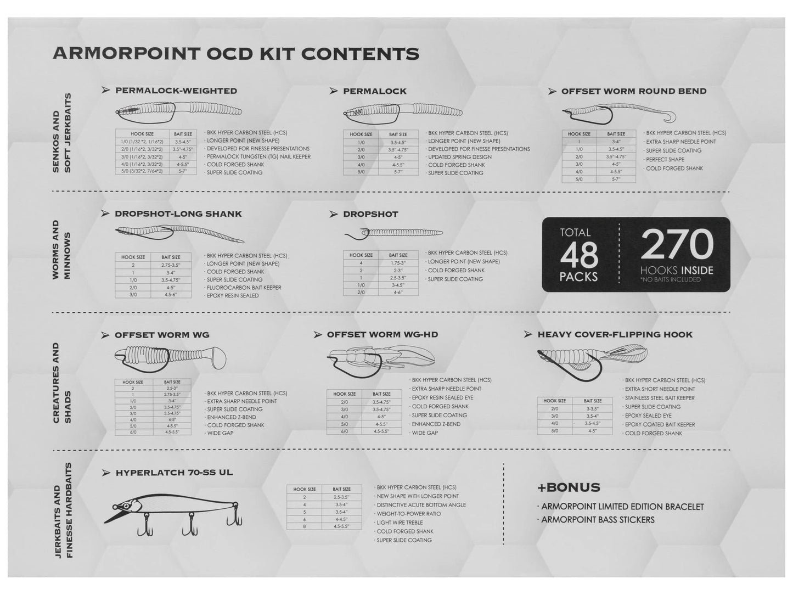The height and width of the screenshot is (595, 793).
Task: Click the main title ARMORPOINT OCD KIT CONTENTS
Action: pos(235,54)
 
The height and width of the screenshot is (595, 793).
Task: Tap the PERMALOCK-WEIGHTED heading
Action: pos(176,91)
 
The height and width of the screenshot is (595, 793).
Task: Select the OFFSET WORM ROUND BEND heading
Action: pos(633,91)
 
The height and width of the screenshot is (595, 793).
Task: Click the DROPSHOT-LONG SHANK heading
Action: pos(178,214)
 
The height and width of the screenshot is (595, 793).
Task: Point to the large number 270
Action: pos(677,245)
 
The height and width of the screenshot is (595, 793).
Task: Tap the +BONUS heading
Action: pos(569,487)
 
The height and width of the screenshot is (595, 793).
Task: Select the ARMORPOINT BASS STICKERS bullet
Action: pos(598,520)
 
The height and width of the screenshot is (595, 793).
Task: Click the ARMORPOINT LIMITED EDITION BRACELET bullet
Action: pos(622,507)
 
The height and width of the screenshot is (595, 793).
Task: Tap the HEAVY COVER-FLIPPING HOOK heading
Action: pos(615,334)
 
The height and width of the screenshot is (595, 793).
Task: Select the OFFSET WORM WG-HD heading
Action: pos(382,334)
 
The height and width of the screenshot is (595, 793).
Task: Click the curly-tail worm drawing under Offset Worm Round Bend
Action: pos(618,114)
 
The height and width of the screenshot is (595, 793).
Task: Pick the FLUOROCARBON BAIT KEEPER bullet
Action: pos(244,288)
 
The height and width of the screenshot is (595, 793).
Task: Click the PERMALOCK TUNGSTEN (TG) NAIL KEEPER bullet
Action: pos(258,156)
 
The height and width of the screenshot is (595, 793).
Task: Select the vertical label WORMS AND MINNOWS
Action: pos(61,250)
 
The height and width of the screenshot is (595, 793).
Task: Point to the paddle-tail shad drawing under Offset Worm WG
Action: pos(172,360)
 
